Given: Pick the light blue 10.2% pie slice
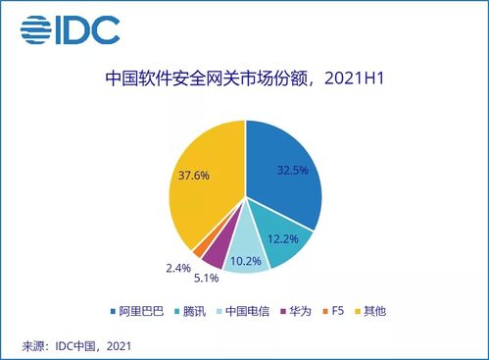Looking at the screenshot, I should pyautogui.click(x=245, y=257).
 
